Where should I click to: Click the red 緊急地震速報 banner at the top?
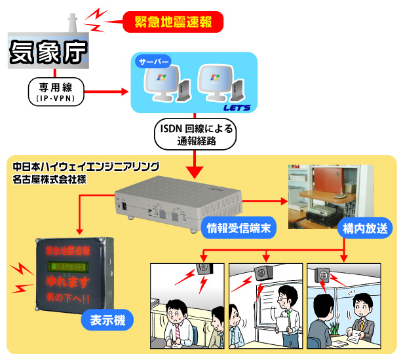point(173,24)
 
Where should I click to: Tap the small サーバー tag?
point(153,62)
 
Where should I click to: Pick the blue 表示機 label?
point(107,321)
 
